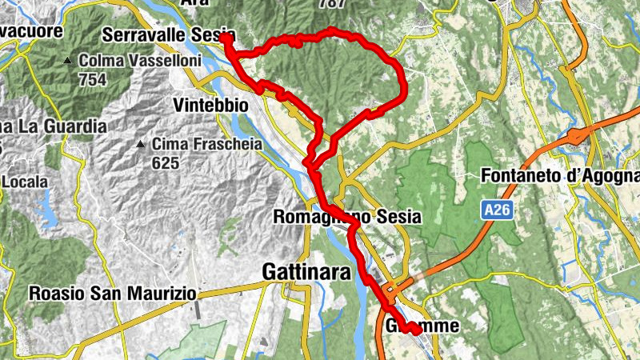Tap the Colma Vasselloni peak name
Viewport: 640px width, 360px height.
(x=134, y=61)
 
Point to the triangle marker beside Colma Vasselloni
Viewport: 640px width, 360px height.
(x=70, y=61)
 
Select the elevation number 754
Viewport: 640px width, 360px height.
(x=92, y=79)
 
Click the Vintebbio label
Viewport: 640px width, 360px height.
(x=210, y=106)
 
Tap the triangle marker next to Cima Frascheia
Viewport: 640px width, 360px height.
(x=141, y=145)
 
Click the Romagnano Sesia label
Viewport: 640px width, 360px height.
(x=346, y=217)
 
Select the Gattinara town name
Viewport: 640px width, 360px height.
(x=306, y=274)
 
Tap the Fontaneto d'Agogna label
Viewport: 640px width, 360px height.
(x=561, y=175)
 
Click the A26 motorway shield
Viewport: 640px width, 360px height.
(x=496, y=210)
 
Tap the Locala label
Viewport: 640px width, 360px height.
(x=25, y=182)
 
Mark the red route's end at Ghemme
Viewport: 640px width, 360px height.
(x=417, y=330)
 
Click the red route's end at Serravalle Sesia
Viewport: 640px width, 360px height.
(x=226, y=36)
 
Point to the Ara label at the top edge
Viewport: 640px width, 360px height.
(x=194, y=3)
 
